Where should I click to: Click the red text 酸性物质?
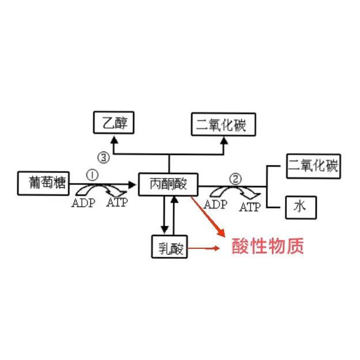click(267, 247)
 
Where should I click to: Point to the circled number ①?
click(93, 175)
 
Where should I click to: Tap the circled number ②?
click(234, 178)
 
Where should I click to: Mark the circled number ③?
click(103, 157)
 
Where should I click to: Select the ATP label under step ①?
click(118, 203)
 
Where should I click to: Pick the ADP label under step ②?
click(215, 204)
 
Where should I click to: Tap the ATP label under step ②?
click(250, 207)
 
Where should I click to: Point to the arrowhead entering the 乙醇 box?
click(113, 140)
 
